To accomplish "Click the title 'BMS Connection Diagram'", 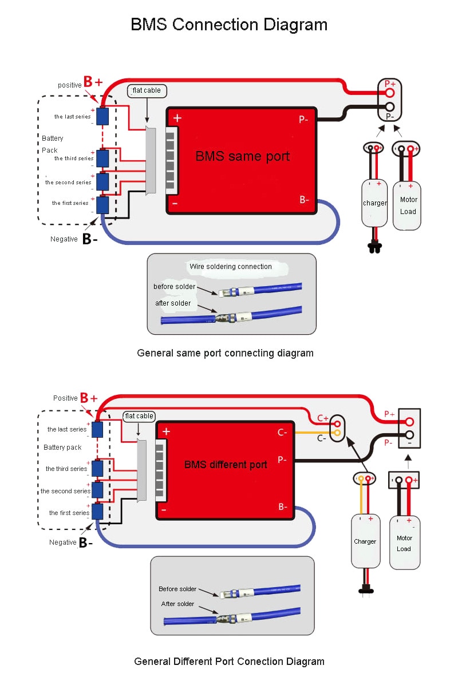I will pyautogui.click(x=229, y=25).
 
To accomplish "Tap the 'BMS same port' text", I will pyautogui.click(x=243, y=156).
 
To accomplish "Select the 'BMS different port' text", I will pyautogui.click(x=226, y=465).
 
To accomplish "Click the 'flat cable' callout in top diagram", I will pyautogui.click(x=147, y=90).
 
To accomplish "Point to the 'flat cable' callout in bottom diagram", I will pyautogui.click(x=139, y=416).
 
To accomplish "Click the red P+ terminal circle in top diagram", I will pyautogui.click(x=390, y=92).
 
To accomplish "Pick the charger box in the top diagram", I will pyautogui.click(x=374, y=203).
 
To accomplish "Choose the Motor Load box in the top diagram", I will pyautogui.click(x=408, y=205).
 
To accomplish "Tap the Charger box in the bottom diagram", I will pyautogui.click(x=365, y=541).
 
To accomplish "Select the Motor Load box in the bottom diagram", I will pyautogui.click(x=404, y=543).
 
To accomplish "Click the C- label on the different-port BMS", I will pyautogui.click(x=282, y=433).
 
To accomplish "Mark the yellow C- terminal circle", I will pyautogui.click(x=337, y=433).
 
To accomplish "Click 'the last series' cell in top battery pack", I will pyautogui.click(x=102, y=116).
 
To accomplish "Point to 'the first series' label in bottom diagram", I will pyautogui.click(x=69, y=513).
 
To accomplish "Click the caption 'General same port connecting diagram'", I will pyautogui.click(x=225, y=353).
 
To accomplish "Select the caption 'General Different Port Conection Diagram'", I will pyautogui.click(x=229, y=662).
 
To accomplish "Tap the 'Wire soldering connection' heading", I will pyautogui.click(x=231, y=267).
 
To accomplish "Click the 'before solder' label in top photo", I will pyautogui.click(x=174, y=287).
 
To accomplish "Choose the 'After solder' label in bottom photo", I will pyautogui.click(x=177, y=604).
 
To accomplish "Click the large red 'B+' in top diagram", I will pyautogui.click(x=93, y=81).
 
